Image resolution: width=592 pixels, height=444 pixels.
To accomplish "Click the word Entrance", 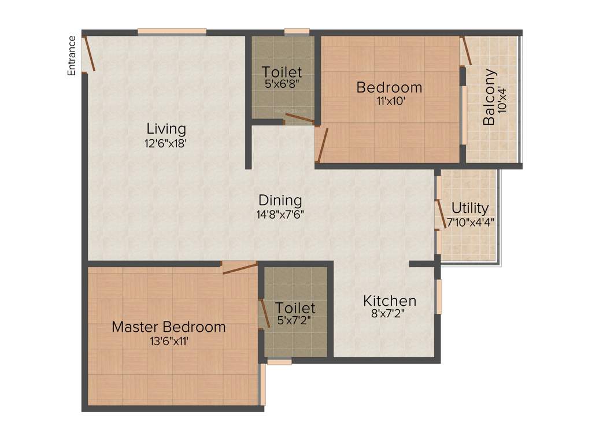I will coord(72,55).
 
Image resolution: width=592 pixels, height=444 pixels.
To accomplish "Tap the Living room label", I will coord(166,128).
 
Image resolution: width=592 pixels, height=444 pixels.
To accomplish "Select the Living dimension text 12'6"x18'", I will coord(166,143).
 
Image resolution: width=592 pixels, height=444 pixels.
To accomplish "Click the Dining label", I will coord(280,200).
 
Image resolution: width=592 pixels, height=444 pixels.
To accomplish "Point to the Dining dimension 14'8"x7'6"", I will coord(280,214).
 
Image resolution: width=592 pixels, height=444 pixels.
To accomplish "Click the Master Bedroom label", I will coord(168,327).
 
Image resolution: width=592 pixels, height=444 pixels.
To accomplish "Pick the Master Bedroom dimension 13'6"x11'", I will coord(168,341).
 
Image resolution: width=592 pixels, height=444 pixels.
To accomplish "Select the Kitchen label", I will coord(390,301).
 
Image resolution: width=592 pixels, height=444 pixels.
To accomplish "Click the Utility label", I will coord(470,208).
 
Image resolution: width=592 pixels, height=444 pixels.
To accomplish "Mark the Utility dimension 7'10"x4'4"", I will coord(470,221).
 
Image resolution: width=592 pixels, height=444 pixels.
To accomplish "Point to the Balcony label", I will coord(489,97).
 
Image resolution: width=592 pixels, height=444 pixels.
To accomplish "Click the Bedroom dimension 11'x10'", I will coord(389,101).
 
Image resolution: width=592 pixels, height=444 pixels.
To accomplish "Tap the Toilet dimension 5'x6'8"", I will coord(282,86).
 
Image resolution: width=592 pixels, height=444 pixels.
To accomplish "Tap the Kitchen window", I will coord(439,297).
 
